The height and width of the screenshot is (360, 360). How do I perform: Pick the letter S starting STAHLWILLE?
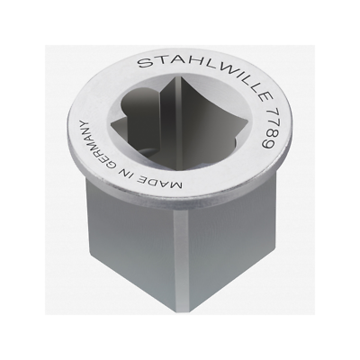(x=143, y=63)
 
